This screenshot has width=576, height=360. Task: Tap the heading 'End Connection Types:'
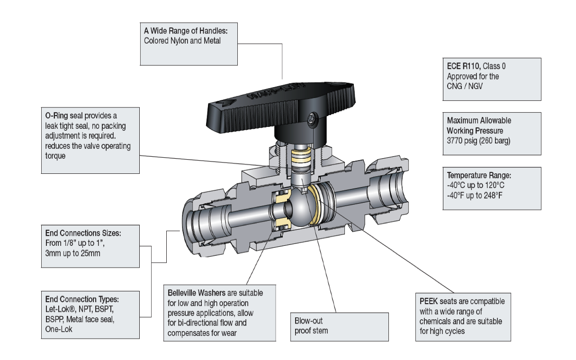click(x=80, y=299)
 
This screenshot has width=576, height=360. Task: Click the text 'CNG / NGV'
click(x=462, y=85)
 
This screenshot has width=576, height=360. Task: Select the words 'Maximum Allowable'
click(x=479, y=121)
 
